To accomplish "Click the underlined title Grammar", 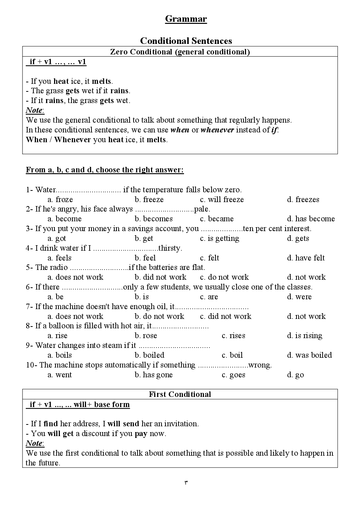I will point(186,19).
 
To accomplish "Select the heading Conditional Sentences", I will point(186,41).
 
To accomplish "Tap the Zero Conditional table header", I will point(180,52).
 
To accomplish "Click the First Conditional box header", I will point(180,394).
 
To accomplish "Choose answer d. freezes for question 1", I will point(303,200).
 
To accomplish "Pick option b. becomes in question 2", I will point(154,219).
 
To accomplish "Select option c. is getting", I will point(220,238).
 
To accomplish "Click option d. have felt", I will point(306,258).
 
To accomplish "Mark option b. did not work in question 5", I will point(160,277).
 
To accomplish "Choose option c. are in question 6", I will point(209,297).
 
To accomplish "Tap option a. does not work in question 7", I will point(75,316).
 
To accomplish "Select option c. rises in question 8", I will point(233,336).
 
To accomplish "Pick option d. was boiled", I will point(310,355).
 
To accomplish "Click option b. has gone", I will point(154,375).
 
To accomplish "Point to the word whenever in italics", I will point(217,130).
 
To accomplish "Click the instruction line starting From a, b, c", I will point(105,170).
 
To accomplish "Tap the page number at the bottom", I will point(186,483).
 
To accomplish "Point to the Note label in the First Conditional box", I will point(34,443).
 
